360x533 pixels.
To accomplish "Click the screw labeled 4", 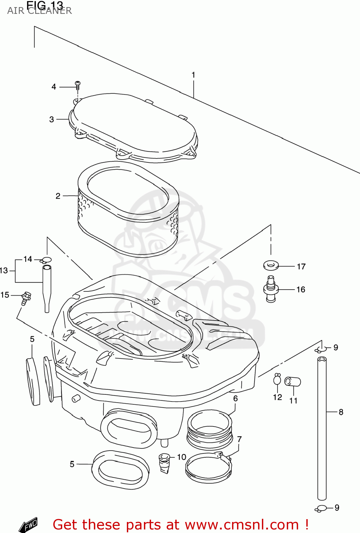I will [x=78, y=85].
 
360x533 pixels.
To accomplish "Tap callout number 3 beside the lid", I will [x=52, y=119].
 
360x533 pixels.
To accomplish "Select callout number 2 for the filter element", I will [x=58, y=196].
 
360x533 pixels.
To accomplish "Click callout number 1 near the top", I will [x=193, y=75].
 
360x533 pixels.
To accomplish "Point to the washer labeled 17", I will [x=271, y=265].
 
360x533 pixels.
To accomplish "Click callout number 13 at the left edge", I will [x=4, y=271].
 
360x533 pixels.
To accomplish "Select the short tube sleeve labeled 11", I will [x=293, y=382].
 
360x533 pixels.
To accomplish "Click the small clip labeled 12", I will [x=277, y=379].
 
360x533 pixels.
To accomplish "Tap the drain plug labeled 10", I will [x=165, y=463].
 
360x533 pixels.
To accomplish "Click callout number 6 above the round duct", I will [x=235, y=399].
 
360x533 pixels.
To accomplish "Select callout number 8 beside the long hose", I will [x=341, y=412].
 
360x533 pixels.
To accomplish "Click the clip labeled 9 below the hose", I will [x=321, y=508].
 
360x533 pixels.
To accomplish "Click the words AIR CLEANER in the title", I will [x=39, y=11].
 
